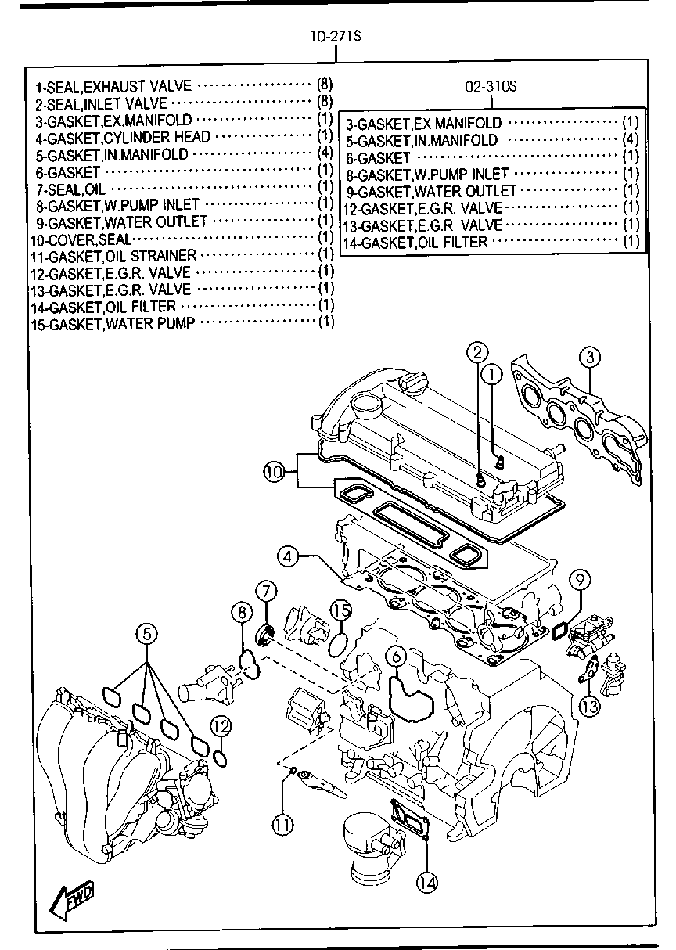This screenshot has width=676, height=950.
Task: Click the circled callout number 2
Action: pyautogui.click(x=478, y=353)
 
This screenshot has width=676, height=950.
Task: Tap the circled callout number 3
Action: pyautogui.click(x=591, y=358)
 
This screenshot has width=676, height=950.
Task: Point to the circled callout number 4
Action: pyautogui.click(x=288, y=557)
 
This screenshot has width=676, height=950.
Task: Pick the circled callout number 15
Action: pyautogui.click(x=339, y=611)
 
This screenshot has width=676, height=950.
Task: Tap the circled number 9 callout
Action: pyautogui.click(x=579, y=580)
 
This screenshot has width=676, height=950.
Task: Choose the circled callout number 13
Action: pyautogui.click(x=589, y=707)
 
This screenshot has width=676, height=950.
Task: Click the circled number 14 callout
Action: pyautogui.click(x=426, y=882)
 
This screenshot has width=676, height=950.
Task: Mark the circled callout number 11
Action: pyautogui.click(x=282, y=822)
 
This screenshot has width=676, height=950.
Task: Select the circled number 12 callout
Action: pyautogui.click(x=221, y=727)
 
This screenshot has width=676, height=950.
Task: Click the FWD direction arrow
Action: pyautogui.click(x=73, y=899)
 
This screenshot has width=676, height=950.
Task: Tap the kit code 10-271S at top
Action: pyautogui.click(x=335, y=37)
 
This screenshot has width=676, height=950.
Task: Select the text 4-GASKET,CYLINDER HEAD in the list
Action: pyautogui.click(x=123, y=137)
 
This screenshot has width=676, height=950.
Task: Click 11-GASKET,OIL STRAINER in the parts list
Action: pyautogui.click(x=113, y=255)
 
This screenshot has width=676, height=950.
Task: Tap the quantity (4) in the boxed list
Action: pyautogui.click(x=631, y=139)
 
